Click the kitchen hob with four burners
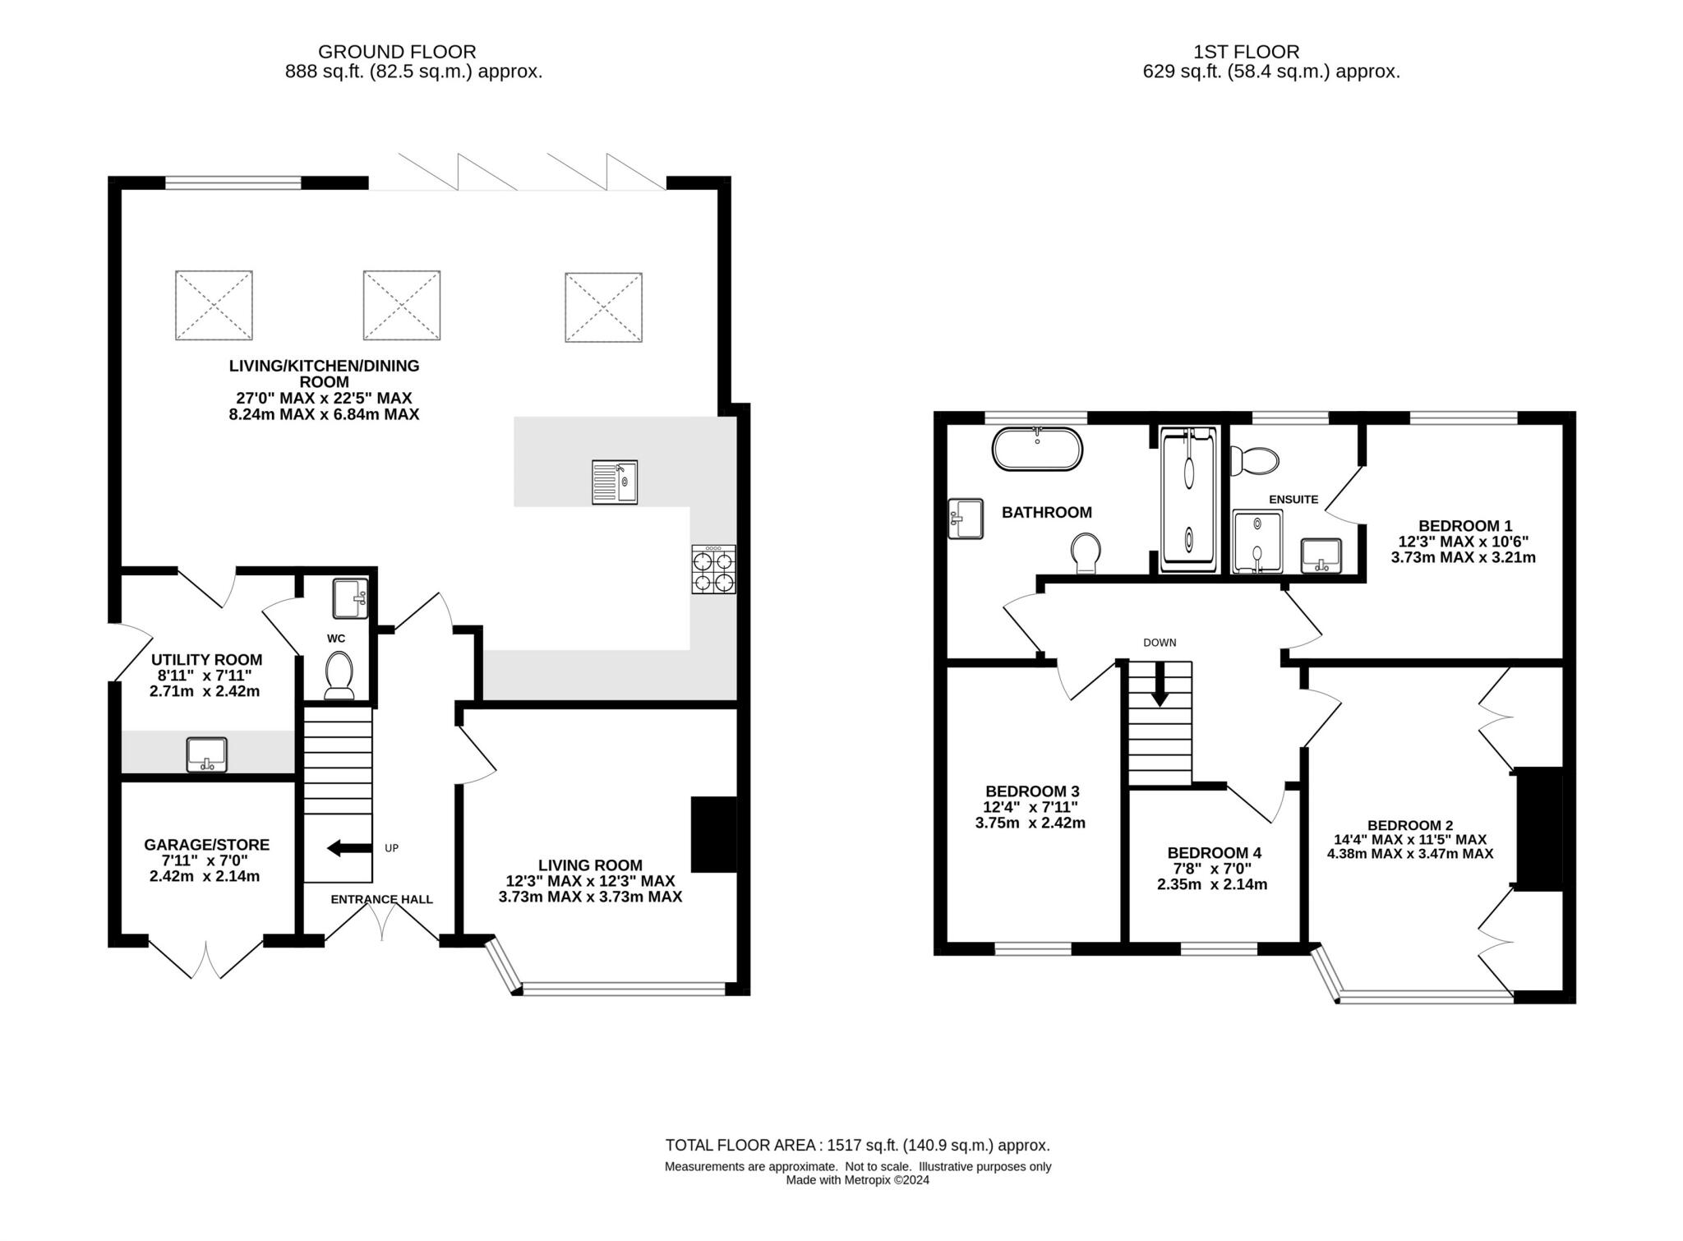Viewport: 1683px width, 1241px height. tap(713, 569)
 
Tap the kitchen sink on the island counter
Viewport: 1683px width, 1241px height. tap(614, 482)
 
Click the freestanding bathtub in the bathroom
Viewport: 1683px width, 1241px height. tap(1037, 449)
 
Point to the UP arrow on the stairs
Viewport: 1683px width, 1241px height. tap(348, 847)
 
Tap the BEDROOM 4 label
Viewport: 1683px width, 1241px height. tap(1213, 852)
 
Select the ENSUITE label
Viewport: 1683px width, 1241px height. tap(1293, 499)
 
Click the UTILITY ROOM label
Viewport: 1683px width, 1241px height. tap(206, 659)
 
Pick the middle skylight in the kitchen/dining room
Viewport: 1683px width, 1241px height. tap(401, 304)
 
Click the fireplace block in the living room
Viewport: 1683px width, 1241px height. tap(712, 833)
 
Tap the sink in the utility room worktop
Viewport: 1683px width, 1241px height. tap(206, 754)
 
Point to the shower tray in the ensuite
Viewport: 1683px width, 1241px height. tap(1256, 542)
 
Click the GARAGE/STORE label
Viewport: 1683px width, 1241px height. tap(206, 844)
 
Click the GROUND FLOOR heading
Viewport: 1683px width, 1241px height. tap(396, 52)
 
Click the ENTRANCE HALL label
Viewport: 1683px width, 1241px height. tap(381, 899)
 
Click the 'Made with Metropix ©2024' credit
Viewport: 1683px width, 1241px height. tap(857, 1179)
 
